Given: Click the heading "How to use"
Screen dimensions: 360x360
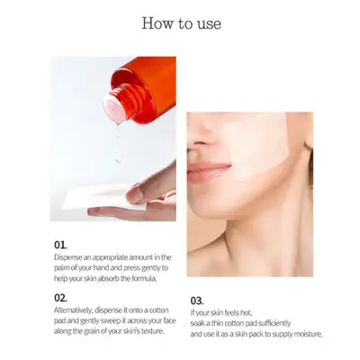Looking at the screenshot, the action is (x=182, y=23).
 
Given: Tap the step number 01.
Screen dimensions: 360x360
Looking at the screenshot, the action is (x=60, y=245).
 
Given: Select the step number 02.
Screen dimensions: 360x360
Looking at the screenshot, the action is (x=60, y=298).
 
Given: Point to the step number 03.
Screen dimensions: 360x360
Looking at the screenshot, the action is (x=197, y=301).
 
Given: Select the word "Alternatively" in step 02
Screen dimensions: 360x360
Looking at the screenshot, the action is (x=73, y=310).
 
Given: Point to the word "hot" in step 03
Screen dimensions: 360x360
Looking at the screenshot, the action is (x=247, y=313).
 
